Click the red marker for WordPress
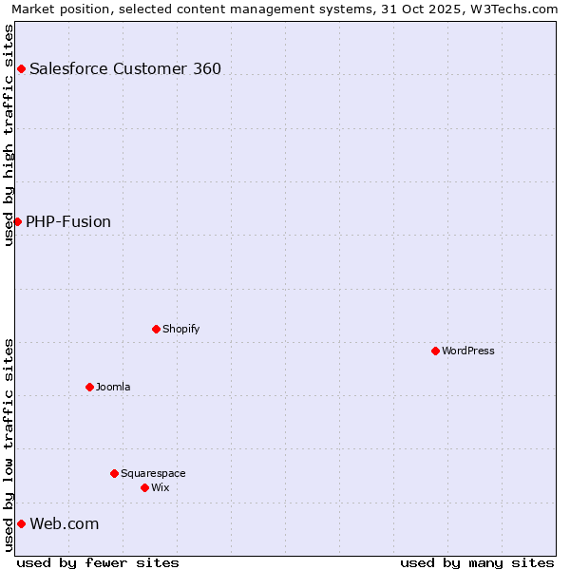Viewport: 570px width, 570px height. (x=435, y=351)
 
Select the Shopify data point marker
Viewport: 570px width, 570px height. (x=156, y=329)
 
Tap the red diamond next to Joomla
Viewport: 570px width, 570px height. (x=89, y=387)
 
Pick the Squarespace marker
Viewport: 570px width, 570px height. (x=114, y=473)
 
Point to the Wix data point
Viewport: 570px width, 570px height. (x=144, y=487)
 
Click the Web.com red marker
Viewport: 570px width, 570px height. (x=21, y=523)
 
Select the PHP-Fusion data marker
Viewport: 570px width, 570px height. (x=17, y=221)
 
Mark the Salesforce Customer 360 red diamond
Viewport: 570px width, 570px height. (x=21, y=68)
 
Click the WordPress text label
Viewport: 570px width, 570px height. (x=468, y=351)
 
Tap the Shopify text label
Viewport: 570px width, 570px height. (x=180, y=329)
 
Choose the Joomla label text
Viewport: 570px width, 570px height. (x=113, y=387)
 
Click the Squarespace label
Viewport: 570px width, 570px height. (x=153, y=473)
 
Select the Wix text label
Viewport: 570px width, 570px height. (x=160, y=487)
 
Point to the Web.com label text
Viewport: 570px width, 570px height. (x=64, y=523)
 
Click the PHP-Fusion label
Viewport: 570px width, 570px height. (x=68, y=221)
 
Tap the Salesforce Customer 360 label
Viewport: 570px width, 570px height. (x=125, y=68)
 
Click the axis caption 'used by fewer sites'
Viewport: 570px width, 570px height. (x=98, y=562)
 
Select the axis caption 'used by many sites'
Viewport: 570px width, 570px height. (x=477, y=562)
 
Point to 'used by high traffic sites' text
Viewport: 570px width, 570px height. (x=9, y=135)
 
